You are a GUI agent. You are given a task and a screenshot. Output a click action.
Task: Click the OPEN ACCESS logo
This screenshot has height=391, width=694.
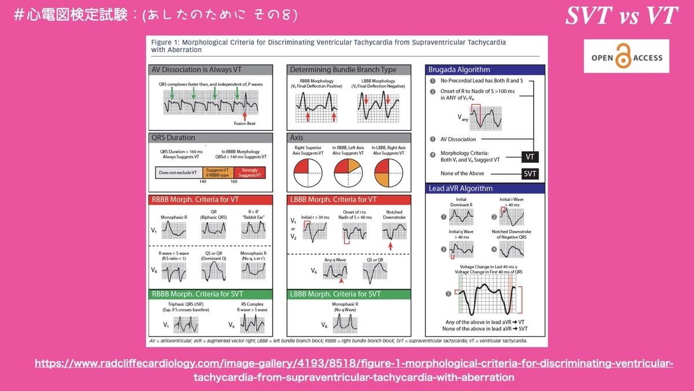click(x=626, y=57)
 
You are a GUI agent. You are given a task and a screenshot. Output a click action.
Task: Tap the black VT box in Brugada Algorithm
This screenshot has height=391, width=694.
click(x=529, y=156)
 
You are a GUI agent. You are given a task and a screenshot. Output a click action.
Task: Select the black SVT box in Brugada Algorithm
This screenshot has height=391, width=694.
click(x=529, y=173)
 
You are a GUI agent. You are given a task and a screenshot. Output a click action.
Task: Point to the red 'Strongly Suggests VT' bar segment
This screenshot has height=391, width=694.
click(x=250, y=171)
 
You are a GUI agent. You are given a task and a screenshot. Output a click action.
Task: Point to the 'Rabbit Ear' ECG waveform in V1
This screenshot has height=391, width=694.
click(x=253, y=231)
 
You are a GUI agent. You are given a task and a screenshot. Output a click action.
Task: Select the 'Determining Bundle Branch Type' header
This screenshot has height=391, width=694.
click(x=349, y=70)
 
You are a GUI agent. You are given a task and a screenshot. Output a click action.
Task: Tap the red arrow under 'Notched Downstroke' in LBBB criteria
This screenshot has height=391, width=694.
click(x=391, y=247)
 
